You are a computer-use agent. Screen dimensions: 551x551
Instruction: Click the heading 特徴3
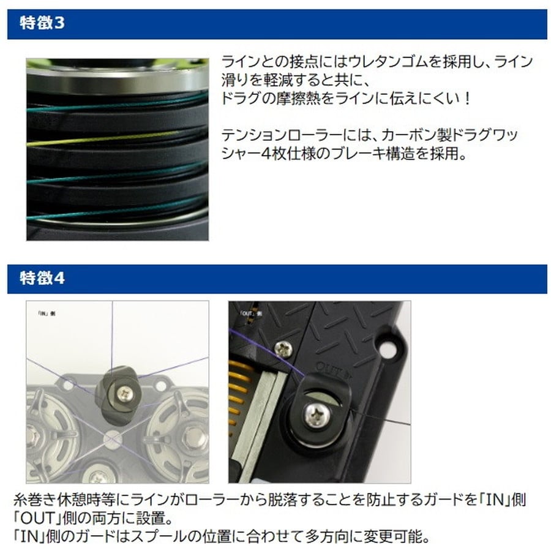pyautogui.click(x=42, y=24)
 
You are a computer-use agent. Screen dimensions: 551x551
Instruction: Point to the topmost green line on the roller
pyautogui.click(x=122, y=100)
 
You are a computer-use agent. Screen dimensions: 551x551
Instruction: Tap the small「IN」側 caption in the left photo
pyautogui.click(x=46, y=314)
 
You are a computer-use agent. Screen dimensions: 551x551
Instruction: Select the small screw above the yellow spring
pyautogui.click(x=283, y=349)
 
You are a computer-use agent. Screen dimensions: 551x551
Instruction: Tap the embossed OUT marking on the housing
pyautogui.click(x=331, y=367)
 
